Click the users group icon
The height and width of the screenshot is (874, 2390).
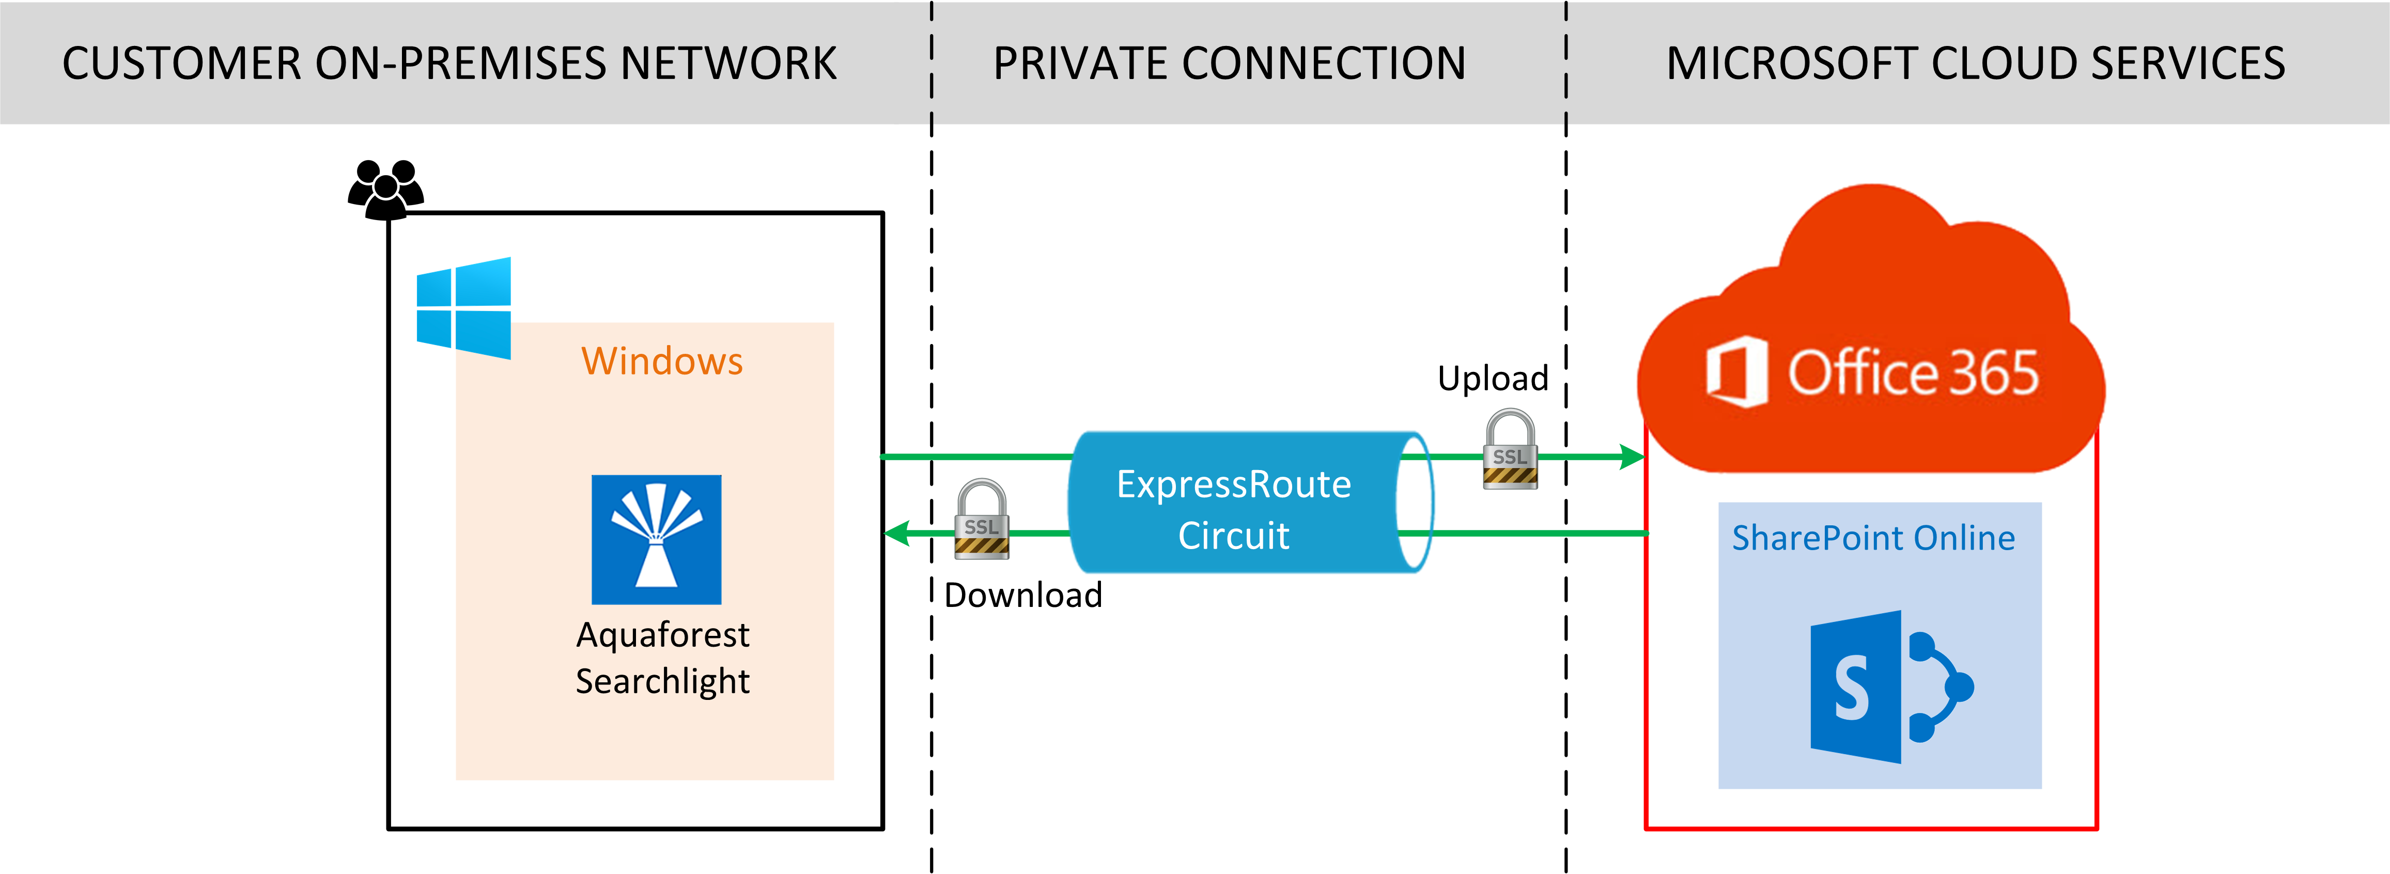click(386, 189)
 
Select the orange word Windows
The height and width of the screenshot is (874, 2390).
click(661, 361)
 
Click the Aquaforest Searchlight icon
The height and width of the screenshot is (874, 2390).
click(656, 539)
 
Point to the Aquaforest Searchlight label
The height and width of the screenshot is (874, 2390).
click(662, 658)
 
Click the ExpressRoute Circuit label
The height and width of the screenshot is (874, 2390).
click(1233, 509)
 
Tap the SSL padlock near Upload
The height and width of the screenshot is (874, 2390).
click(1510, 450)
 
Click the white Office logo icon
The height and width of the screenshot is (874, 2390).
click(1736, 372)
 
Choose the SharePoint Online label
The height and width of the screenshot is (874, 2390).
click(1873, 538)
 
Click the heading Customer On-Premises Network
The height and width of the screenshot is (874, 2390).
click(449, 63)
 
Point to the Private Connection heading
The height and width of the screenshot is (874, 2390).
click(1229, 63)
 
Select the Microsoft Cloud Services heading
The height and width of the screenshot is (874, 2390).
click(1975, 63)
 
